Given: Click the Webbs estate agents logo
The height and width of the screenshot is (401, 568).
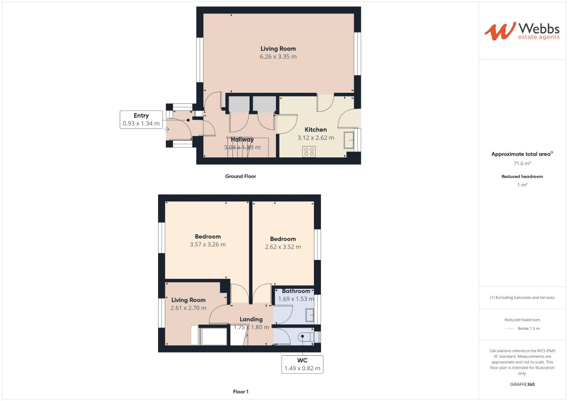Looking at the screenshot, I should click(x=522, y=31).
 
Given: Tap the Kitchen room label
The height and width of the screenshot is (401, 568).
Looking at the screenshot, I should click(x=315, y=130).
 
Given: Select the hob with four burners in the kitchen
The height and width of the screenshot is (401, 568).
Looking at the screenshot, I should click(x=309, y=151).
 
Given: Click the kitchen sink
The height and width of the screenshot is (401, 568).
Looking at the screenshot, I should click(x=349, y=140).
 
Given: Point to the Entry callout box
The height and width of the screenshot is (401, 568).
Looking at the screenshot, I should click(x=141, y=120).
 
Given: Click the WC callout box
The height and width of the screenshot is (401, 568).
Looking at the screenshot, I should click(x=302, y=364).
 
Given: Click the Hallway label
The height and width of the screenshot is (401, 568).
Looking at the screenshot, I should click(x=242, y=140).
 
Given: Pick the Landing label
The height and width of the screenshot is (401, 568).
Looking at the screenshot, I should click(x=251, y=319).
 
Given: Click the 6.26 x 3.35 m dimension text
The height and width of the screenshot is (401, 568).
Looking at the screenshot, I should click(x=278, y=57).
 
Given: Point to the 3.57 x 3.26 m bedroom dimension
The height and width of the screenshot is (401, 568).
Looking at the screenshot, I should click(x=208, y=245).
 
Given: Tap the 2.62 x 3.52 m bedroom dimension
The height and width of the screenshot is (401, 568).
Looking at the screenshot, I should click(x=283, y=247).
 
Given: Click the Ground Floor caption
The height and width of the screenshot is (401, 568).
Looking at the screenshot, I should click(x=240, y=176).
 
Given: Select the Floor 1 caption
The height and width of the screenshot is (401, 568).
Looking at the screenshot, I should click(x=240, y=392).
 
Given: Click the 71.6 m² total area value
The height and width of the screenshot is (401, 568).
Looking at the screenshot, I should click(x=522, y=163).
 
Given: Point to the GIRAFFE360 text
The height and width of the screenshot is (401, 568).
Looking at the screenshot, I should click(x=522, y=384).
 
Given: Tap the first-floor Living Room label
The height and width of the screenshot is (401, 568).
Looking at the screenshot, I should click(x=188, y=300).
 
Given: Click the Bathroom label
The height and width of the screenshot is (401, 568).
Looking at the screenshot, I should click(x=296, y=291).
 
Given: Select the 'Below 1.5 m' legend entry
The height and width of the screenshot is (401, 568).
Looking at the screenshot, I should click(x=528, y=329).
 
